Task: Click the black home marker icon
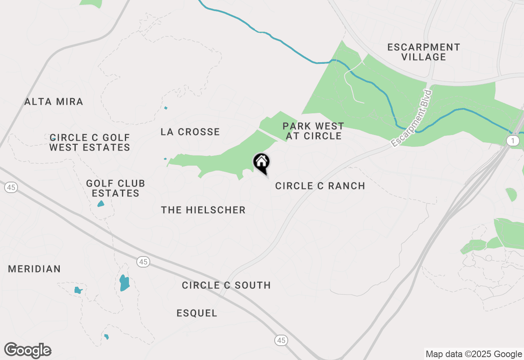pos(261,162)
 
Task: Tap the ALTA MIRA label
pos(54,101)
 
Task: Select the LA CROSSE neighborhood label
pos(190,132)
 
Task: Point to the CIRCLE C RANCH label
pos(320,186)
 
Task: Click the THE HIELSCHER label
pos(203,210)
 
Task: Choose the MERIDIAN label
pos(34,269)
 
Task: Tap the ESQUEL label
pos(197,313)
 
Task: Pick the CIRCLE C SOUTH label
pos(226,285)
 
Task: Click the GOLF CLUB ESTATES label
pos(115,188)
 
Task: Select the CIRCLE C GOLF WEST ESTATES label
pos(90,142)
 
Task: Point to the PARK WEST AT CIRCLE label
pos(313,131)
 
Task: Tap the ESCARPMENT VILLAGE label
pos(424,52)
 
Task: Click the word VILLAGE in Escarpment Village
pos(424,57)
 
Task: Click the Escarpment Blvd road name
pos(411,119)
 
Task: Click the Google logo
pos(28,351)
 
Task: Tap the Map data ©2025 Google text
pos(474,354)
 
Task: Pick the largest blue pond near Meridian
pos(124,282)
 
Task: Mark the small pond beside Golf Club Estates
pos(101,203)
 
